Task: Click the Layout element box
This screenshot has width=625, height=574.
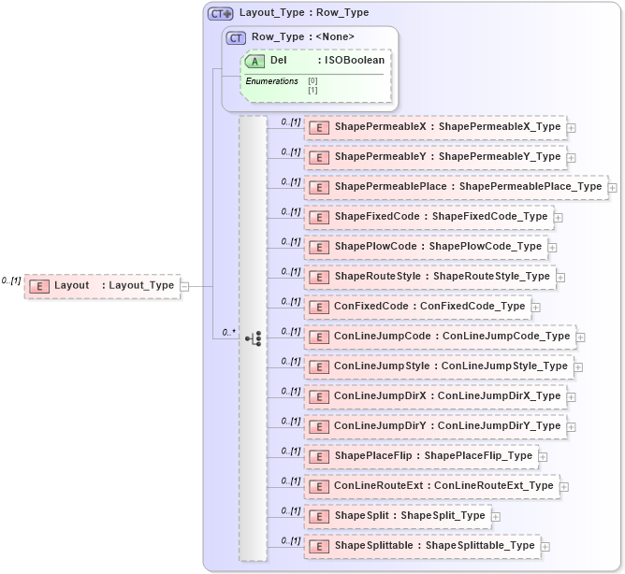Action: (x=102, y=286)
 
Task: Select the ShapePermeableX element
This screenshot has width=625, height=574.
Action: (x=435, y=127)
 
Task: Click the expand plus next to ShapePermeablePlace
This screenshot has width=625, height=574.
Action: (x=613, y=188)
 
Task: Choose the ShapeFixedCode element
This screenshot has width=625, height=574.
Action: (x=429, y=217)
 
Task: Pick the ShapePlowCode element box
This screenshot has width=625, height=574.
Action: (x=426, y=247)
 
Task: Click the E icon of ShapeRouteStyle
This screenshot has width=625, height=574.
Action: (x=319, y=277)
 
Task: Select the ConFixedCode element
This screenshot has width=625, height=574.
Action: (x=417, y=307)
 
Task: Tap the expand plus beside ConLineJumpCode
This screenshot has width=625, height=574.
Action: (x=581, y=337)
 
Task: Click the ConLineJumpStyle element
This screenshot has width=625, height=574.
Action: (x=439, y=366)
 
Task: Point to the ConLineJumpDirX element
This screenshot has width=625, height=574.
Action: (x=435, y=396)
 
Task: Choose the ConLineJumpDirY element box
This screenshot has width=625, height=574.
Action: (x=435, y=426)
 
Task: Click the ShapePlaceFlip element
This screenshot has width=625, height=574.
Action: (x=421, y=456)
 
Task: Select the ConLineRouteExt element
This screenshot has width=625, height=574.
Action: (x=431, y=486)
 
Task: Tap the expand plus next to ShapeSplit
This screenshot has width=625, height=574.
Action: (x=496, y=517)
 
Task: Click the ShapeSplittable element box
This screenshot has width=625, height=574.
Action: (x=422, y=546)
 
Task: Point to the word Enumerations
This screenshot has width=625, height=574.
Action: (x=271, y=82)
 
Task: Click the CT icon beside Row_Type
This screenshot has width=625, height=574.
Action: (x=237, y=37)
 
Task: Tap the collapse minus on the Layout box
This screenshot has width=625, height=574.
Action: (x=184, y=286)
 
